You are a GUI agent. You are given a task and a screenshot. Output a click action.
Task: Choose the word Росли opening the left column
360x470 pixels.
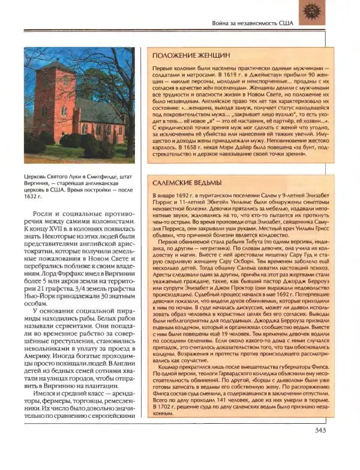41,213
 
